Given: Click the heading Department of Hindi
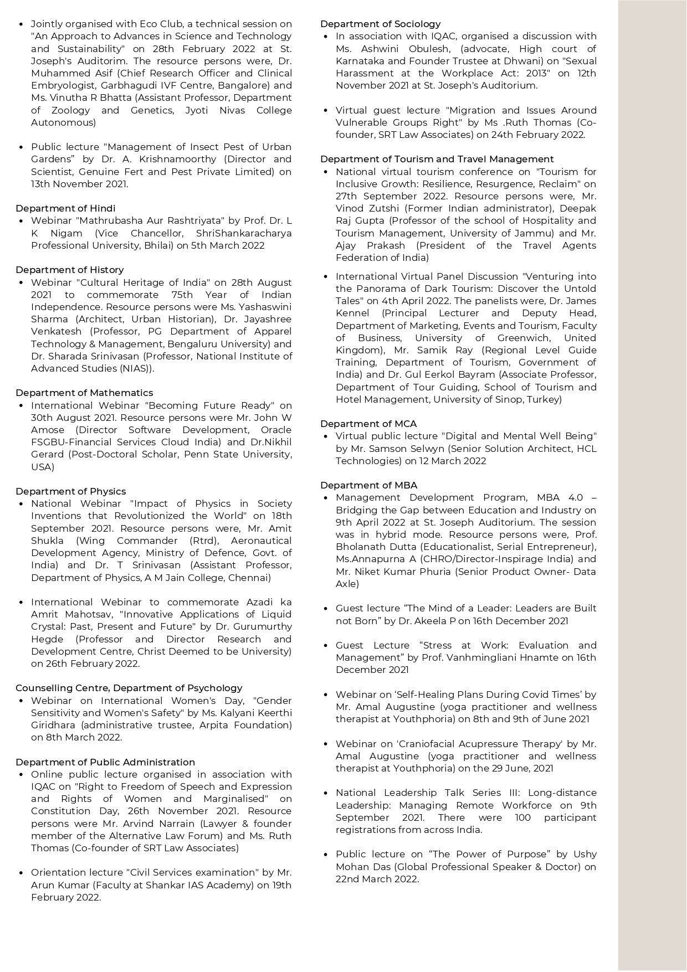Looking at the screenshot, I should (x=65, y=208).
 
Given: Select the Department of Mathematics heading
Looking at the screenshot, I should (x=84, y=393).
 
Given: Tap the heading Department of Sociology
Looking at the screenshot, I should (x=380, y=24).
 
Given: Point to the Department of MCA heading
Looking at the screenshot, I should (x=368, y=424).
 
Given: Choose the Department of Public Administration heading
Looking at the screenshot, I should (x=105, y=762).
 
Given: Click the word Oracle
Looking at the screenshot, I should (x=276, y=430).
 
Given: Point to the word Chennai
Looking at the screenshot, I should (x=251, y=578).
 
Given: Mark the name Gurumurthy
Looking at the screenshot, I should (x=262, y=626).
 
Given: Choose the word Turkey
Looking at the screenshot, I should (x=542, y=399).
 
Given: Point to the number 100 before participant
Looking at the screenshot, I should (x=522, y=817).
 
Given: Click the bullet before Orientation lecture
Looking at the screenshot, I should (x=21, y=873).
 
